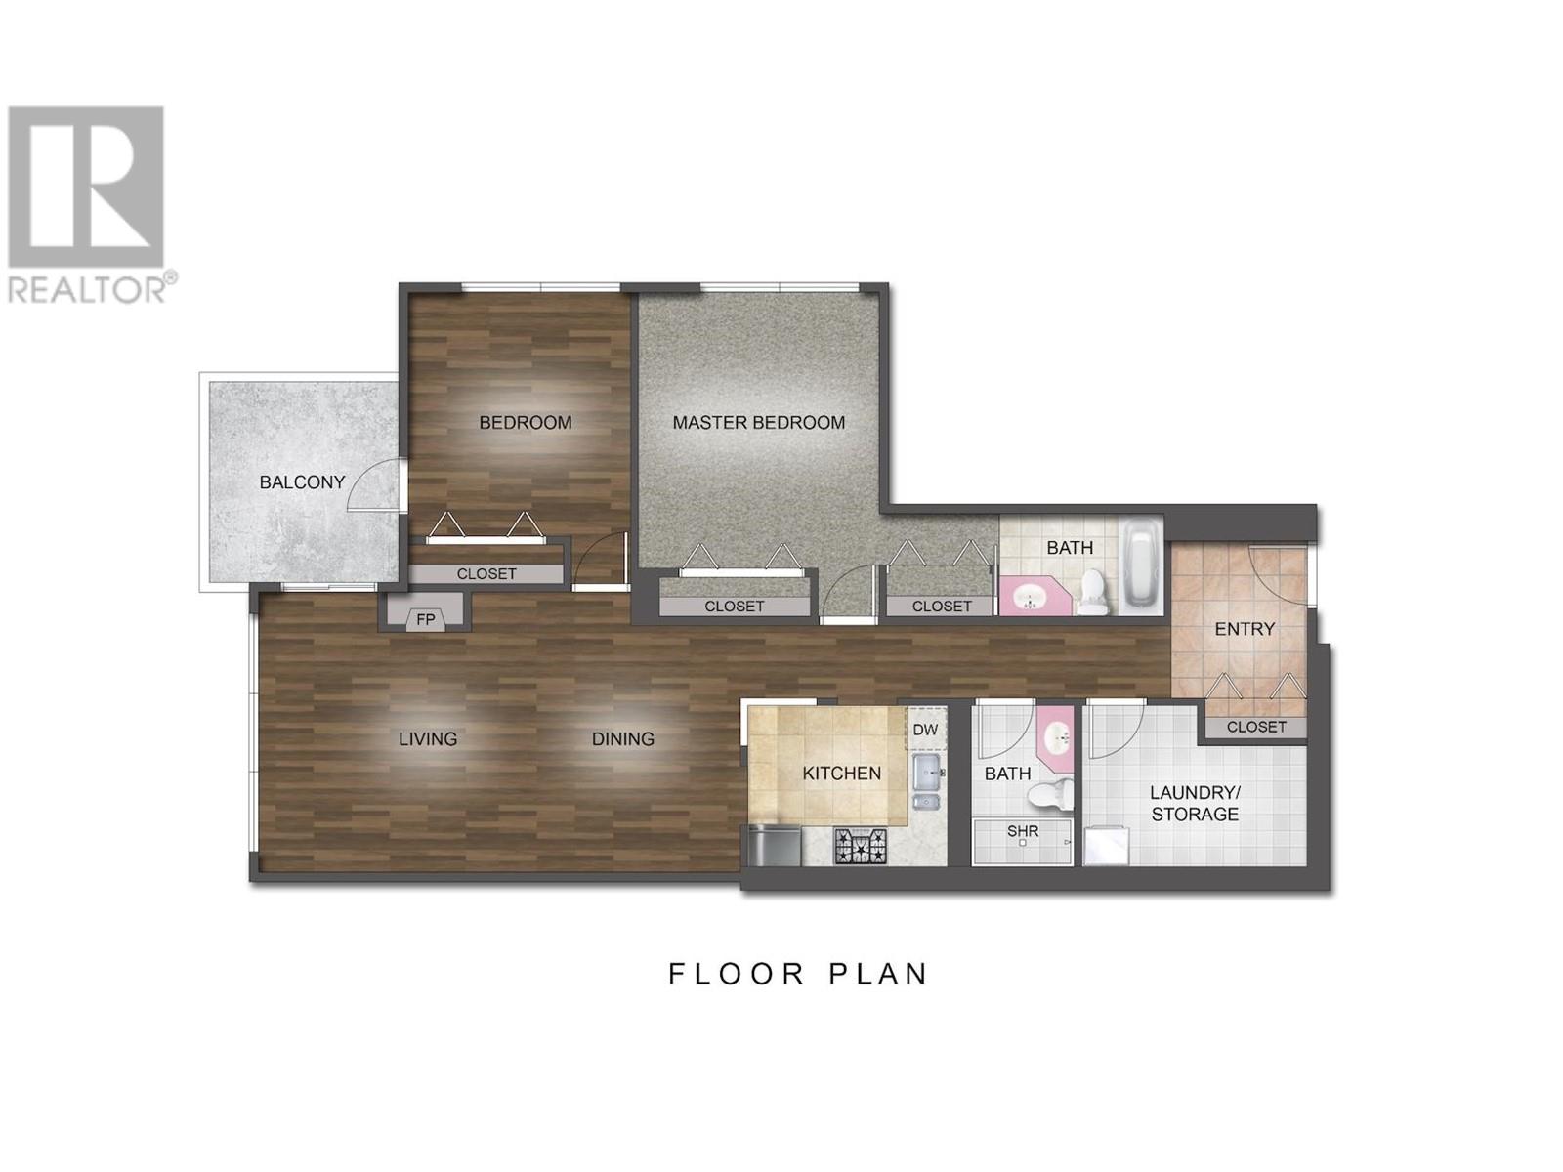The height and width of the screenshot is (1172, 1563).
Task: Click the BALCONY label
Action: pos(302,482)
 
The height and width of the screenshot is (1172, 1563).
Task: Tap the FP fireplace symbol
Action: pos(425,619)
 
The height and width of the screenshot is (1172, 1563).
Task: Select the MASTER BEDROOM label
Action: pos(758,423)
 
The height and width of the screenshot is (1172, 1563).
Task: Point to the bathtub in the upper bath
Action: pos(1141,566)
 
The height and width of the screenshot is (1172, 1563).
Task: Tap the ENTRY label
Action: pos(1244,629)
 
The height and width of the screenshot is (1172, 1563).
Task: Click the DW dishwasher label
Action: pos(925,730)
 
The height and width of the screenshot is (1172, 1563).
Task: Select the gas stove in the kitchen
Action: pos(861,847)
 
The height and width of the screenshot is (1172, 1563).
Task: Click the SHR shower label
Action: pos(1022,830)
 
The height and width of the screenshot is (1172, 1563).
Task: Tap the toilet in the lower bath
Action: pos(1052,794)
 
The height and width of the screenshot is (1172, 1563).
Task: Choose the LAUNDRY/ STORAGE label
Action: pos(1194,804)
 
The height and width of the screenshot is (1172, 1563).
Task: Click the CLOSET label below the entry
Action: pos(1256,727)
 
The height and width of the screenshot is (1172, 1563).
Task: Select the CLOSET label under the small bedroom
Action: pos(486,573)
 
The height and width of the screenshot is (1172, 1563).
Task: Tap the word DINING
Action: pos(622,739)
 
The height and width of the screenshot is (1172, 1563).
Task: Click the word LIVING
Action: pos(427,739)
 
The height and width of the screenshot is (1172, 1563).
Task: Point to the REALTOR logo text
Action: pos(87,289)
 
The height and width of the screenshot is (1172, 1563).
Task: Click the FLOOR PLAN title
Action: pos(797,974)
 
